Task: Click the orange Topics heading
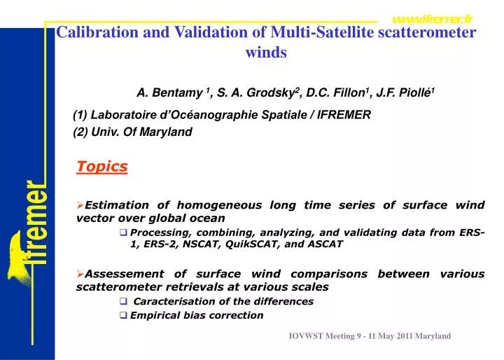(101, 167)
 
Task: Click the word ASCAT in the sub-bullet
(323, 244)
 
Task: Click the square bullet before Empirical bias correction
(124, 316)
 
